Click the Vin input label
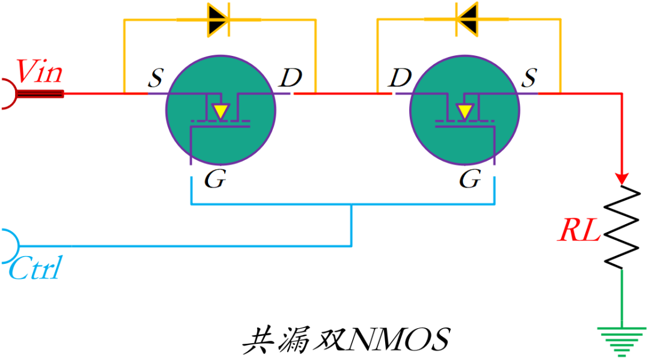click(x=38, y=72)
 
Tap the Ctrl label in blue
click(x=35, y=269)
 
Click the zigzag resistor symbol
click(x=621, y=227)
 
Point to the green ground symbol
click(x=621, y=340)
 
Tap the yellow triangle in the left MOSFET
click(x=221, y=111)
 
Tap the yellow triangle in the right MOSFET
click(x=464, y=111)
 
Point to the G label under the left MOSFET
click(x=215, y=179)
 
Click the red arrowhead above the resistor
click(x=621, y=179)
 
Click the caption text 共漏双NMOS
click(x=346, y=340)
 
